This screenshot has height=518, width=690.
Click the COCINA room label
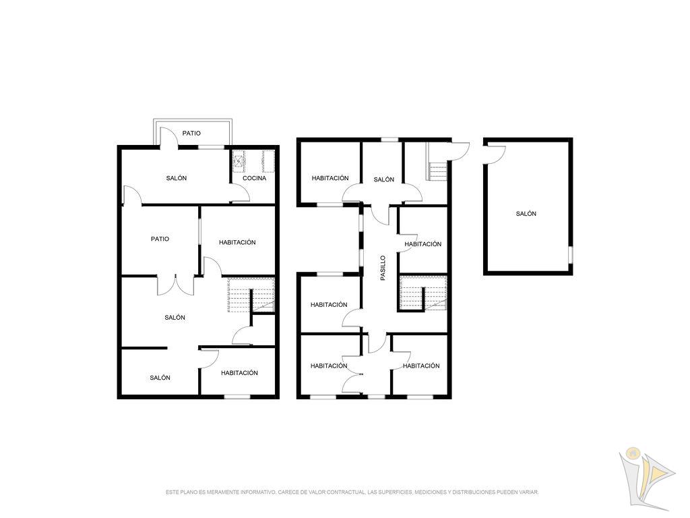pos(254,178)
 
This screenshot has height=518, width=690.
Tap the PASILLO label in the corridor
pos(383,268)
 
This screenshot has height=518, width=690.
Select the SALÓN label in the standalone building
pos(526,214)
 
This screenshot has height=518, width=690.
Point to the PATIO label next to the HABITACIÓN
pos(160,239)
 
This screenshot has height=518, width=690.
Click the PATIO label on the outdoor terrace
pos(191,133)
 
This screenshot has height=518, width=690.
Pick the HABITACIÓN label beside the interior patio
pos(237,242)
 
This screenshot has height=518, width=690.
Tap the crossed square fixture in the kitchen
pos(239,162)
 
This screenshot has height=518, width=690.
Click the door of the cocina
pos(241,193)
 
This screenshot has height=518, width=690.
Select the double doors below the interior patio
pos(176,285)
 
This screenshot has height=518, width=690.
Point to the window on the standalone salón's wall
pos(571,254)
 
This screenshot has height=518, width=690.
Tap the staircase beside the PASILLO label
pos(423,293)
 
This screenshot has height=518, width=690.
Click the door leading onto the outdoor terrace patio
pos(168,137)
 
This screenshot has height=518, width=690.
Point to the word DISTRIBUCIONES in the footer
pos(474,492)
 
